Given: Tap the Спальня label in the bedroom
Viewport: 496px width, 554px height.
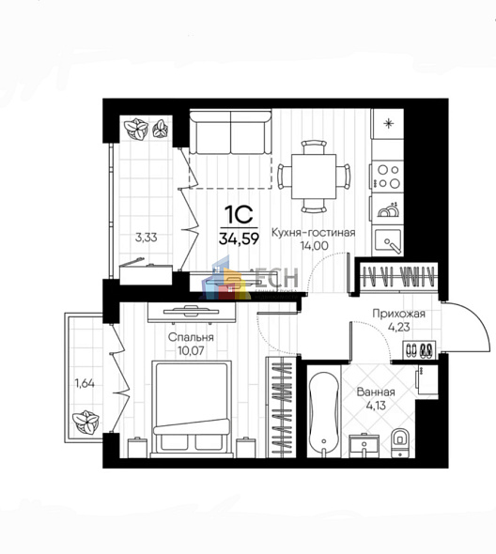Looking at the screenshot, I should pyautogui.click(x=192, y=337).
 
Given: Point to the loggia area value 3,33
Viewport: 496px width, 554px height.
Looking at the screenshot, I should pyautogui.click(x=145, y=238).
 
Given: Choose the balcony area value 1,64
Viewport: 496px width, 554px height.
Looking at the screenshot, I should pyautogui.click(x=85, y=382).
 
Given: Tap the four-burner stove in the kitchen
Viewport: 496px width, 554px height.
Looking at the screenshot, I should pyautogui.click(x=388, y=177).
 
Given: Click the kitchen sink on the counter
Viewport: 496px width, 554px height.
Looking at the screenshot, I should pyautogui.click(x=388, y=239).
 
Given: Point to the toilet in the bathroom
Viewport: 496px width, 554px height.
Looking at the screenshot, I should pyautogui.click(x=399, y=439).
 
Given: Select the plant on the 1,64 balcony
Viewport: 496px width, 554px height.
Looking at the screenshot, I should pyautogui.click(x=87, y=420).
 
